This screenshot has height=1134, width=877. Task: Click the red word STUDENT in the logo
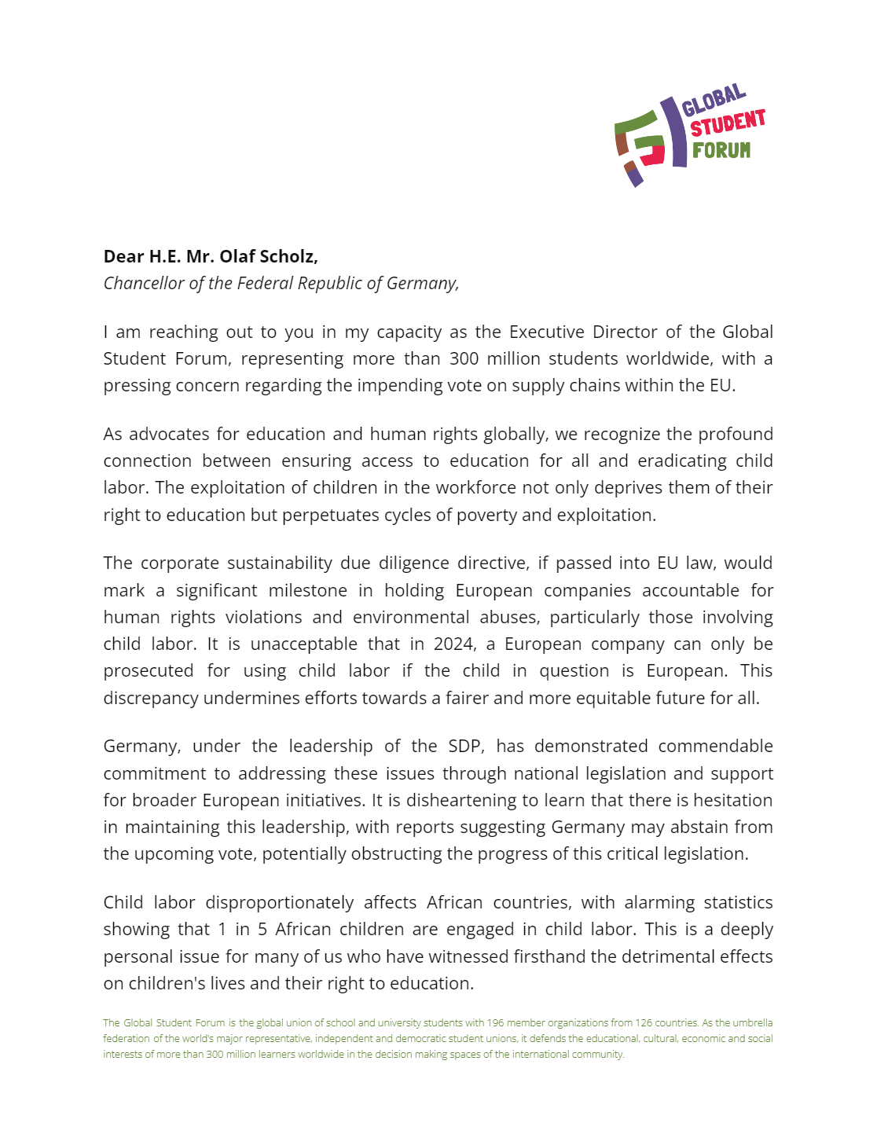pos(728,123)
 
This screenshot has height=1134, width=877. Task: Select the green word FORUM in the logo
pos(721,149)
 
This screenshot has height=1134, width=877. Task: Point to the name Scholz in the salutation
pos(288,256)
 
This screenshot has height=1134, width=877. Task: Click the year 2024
pos(454,644)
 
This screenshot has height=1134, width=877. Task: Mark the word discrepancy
pos(151,698)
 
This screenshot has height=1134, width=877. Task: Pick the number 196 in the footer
pos(495,1022)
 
